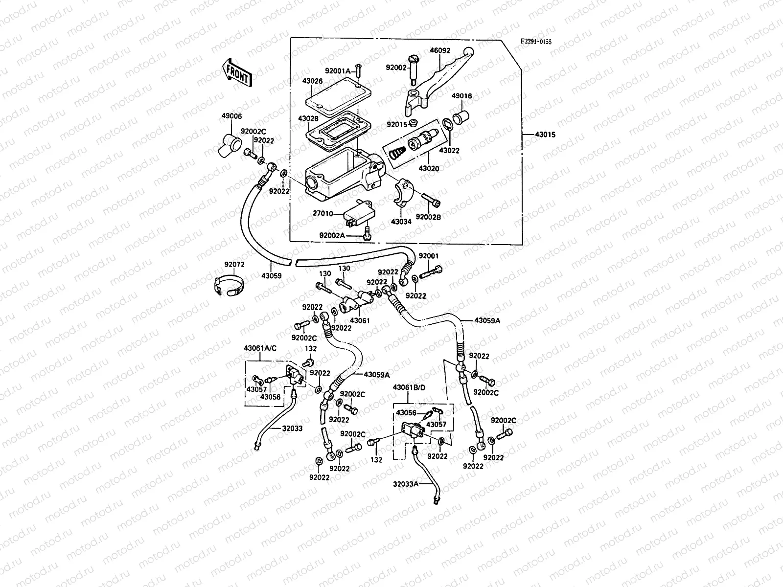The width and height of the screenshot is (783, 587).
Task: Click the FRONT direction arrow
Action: [237, 73]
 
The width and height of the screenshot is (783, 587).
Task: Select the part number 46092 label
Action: [440, 50]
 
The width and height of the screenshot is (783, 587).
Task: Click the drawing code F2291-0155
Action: [535, 42]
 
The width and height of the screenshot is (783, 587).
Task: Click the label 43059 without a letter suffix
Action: [271, 276]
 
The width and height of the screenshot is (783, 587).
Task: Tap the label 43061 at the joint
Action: [360, 320]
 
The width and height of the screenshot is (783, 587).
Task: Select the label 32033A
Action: [406, 484]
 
